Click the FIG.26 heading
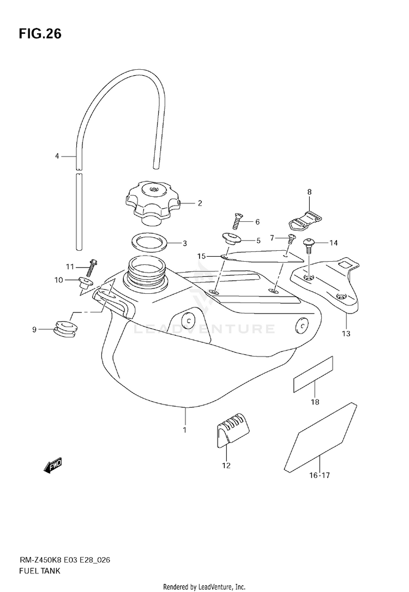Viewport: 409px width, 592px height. point(40,34)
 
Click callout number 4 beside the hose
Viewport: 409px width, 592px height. point(57,156)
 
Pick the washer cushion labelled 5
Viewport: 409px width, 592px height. point(232,240)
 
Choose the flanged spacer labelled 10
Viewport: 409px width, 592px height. point(85,282)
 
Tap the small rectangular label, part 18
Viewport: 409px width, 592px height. point(313,374)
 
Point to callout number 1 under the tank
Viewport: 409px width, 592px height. point(185,430)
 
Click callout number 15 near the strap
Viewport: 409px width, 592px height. point(201,256)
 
